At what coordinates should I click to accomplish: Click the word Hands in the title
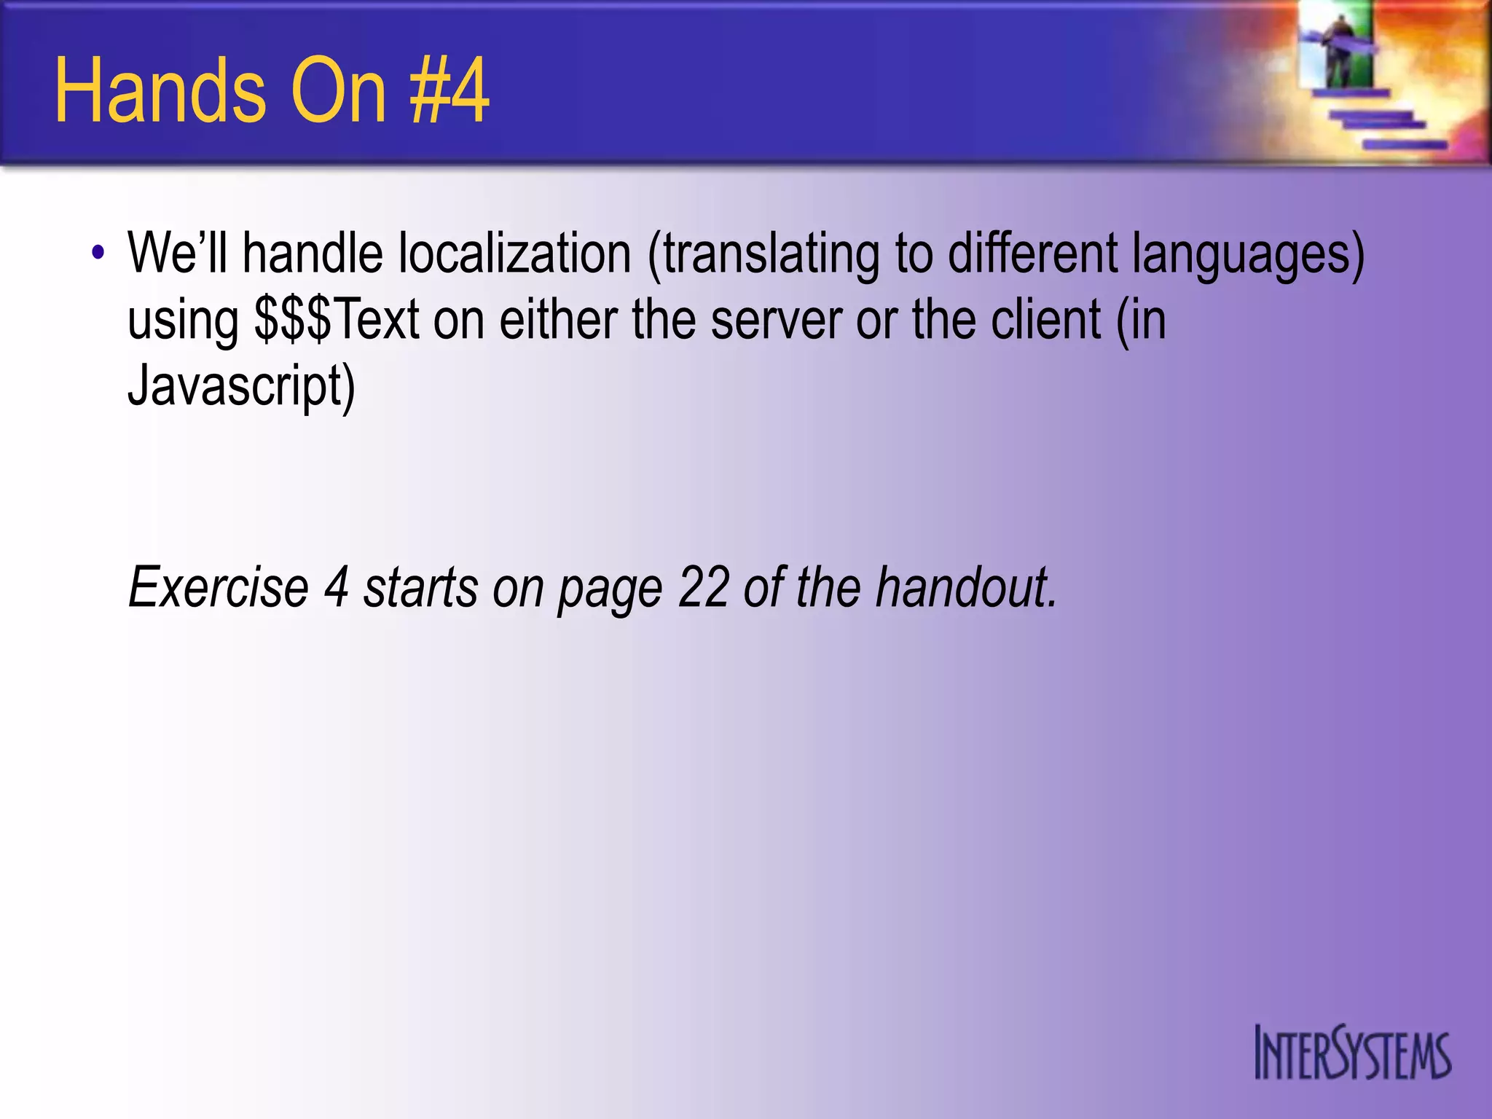pyautogui.click(x=160, y=92)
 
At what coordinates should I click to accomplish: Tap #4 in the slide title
pyautogui.click(x=449, y=92)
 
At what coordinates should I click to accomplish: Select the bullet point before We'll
pyautogui.click(x=98, y=254)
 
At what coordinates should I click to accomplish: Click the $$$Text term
pyautogui.click(x=337, y=321)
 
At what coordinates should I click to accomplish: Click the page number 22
pyautogui.click(x=703, y=587)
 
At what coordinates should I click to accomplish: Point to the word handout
pyautogui.click(x=965, y=587)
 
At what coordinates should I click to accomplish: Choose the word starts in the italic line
pyautogui.click(x=420, y=587)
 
